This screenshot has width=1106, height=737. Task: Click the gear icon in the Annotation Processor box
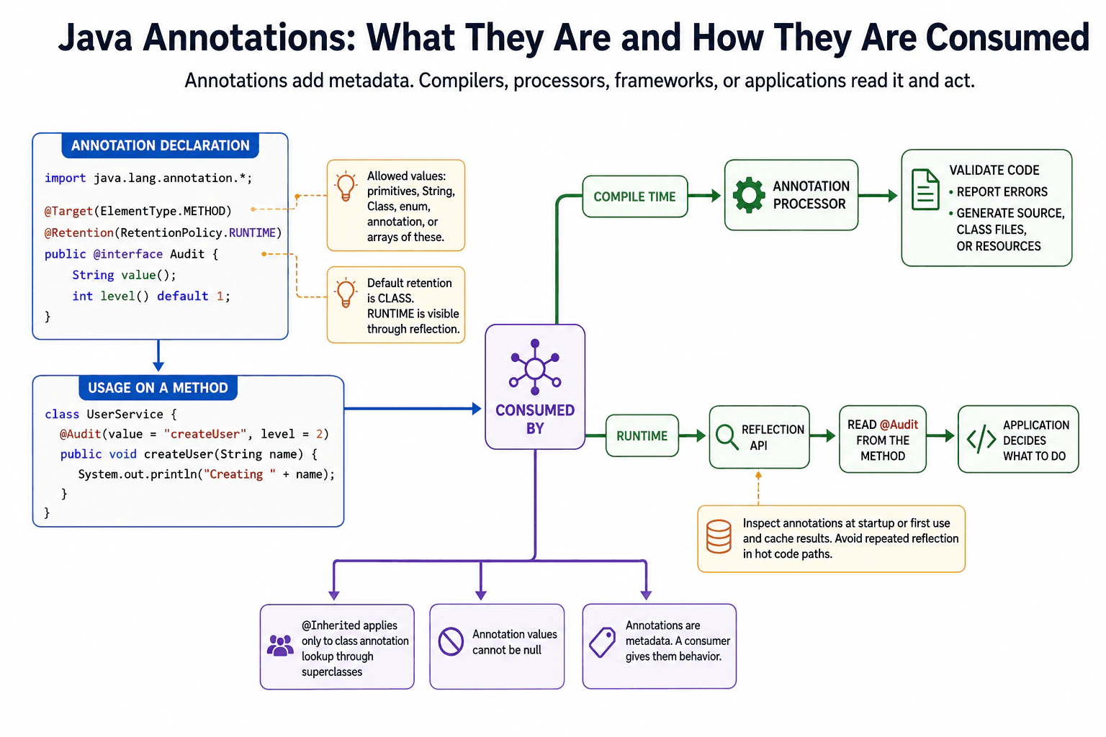(749, 194)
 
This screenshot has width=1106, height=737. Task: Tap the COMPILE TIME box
(635, 196)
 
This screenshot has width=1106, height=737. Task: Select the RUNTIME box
(642, 435)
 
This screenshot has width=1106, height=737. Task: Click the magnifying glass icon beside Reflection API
(727, 436)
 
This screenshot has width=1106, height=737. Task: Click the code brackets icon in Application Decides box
(981, 439)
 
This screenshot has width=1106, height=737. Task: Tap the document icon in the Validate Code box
(925, 189)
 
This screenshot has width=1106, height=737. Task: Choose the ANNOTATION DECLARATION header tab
(160, 145)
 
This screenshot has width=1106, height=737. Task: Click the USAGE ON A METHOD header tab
(158, 388)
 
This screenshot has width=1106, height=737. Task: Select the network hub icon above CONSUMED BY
(535, 367)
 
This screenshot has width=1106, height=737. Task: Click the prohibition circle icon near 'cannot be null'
(451, 642)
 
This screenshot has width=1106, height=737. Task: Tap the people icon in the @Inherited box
(280, 645)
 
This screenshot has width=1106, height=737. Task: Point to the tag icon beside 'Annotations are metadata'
(603, 642)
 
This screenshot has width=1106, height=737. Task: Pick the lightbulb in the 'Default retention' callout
(346, 293)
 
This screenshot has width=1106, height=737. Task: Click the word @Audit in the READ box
(899, 425)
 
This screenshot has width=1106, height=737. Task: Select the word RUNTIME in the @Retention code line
(252, 232)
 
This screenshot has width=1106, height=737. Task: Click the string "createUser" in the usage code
(205, 434)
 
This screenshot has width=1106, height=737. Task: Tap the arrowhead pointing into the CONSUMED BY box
(477, 409)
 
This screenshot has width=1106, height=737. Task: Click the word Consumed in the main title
(1007, 37)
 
